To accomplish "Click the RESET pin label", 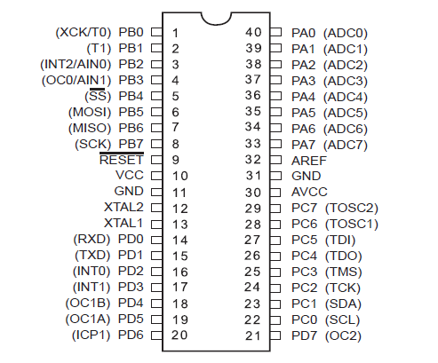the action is point(122,160).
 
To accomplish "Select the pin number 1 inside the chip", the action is point(175,33).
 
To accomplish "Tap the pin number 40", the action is point(253,32).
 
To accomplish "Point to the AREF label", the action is point(309,161).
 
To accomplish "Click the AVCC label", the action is point(309,192).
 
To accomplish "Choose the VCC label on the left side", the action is point(130,175).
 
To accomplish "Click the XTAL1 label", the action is point(123,223).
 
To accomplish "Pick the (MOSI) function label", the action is point(90,112).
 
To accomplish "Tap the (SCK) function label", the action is point(93,144).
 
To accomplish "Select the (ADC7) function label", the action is point(346,145).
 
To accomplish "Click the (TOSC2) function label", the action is point(352,208).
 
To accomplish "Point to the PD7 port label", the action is point(304,335).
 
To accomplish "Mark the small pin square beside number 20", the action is point(156,335).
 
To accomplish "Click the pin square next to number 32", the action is point(275,160).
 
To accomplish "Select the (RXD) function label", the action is point(92,239).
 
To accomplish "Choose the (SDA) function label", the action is point(343,304).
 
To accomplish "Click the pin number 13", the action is point(180,225).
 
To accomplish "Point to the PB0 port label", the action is point(131,32).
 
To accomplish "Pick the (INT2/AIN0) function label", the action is point(76,64).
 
